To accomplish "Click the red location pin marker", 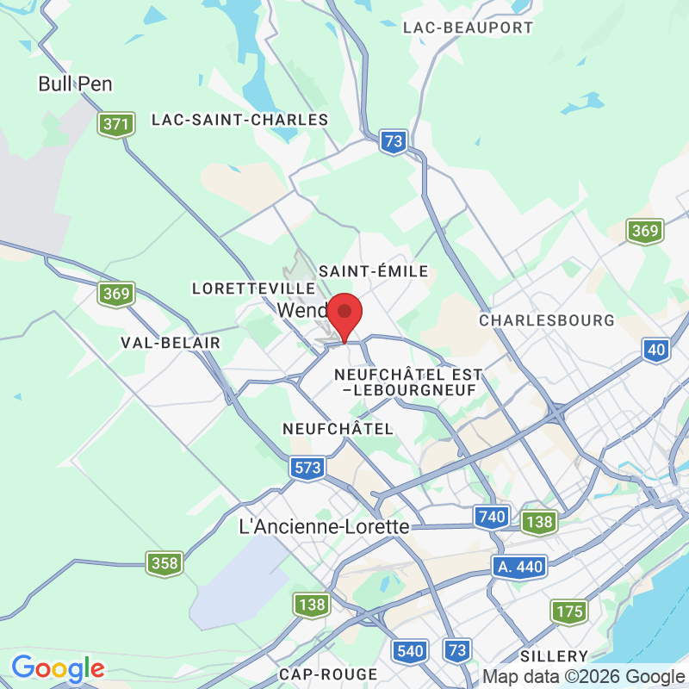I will pyautogui.click(x=345, y=314).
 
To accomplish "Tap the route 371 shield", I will pyautogui.click(x=116, y=124).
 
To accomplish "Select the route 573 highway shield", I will pyautogui.click(x=307, y=468).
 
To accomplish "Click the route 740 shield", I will pyautogui.click(x=489, y=517).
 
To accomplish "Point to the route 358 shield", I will pyautogui.click(x=164, y=563).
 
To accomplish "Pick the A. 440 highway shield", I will pyautogui.click(x=520, y=566).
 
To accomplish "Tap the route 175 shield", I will pyautogui.click(x=569, y=612).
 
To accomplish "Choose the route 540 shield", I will pyautogui.click(x=411, y=650).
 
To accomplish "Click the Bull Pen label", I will pyautogui.click(x=76, y=84).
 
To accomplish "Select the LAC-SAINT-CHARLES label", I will pyautogui.click(x=240, y=120).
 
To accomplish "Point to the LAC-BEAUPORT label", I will pyautogui.click(x=468, y=28).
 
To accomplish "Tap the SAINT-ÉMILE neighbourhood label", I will pyautogui.click(x=373, y=271).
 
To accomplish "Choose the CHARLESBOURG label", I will pyautogui.click(x=547, y=320).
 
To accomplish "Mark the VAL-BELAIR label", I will pyautogui.click(x=171, y=343).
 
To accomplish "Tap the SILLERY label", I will pyautogui.click(x=555, y=656).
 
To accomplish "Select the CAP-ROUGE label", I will pyautogui.click(x=328, y=673).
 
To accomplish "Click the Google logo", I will pyautogui.click(x=58, y=668).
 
